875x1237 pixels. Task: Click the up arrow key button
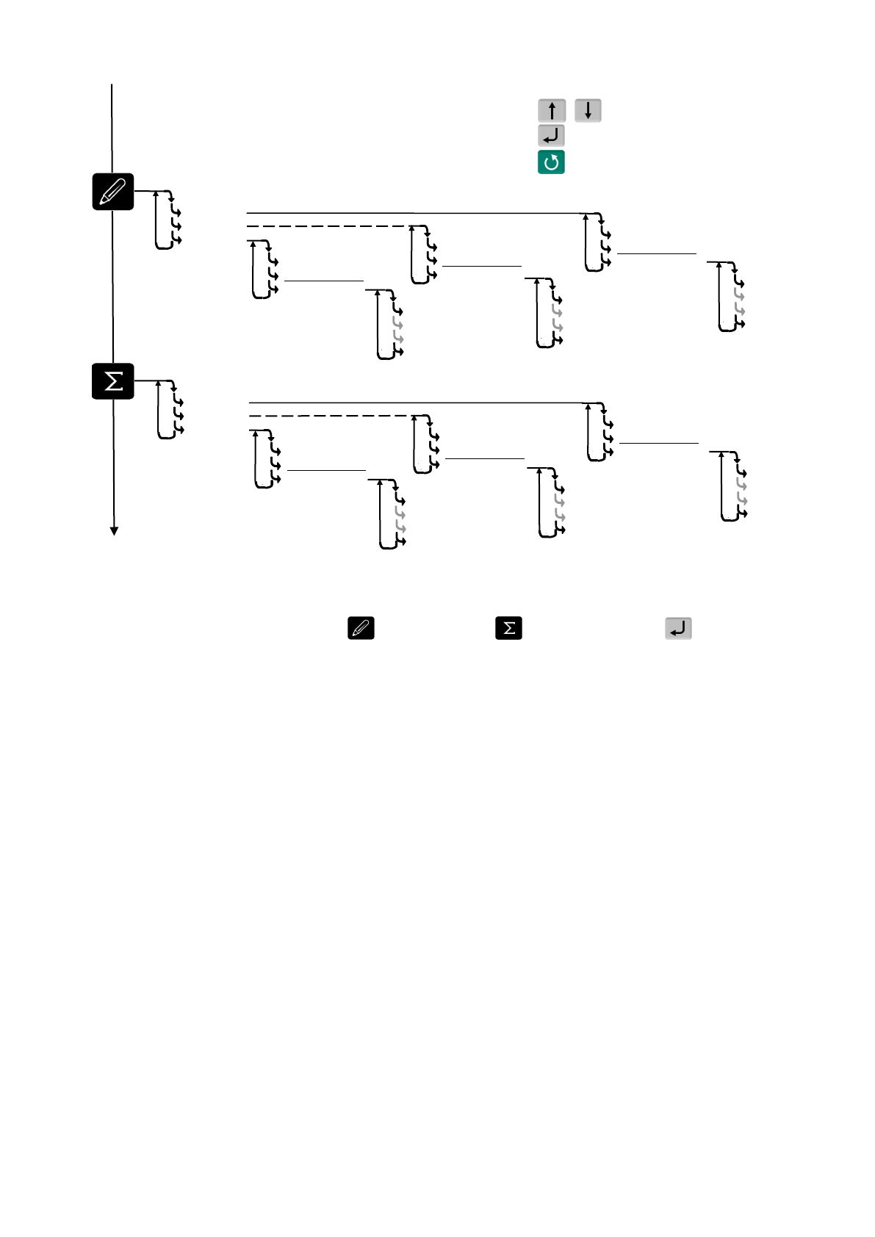(x=552, y=111)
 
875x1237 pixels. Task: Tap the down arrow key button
(x=588, y=111)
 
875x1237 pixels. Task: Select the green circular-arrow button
(x=551, y=162)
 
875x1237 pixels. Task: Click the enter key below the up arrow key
(x=551, y=136)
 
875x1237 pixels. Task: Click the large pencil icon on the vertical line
(x=113, y=192)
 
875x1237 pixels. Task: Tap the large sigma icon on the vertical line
(x=113, y=381)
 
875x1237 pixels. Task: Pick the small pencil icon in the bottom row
(x=361, y=628)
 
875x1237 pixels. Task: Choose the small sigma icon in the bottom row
(x=508, y=628)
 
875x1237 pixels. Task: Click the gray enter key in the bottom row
(x=678, y=628)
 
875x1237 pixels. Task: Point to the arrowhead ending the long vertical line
(x=114, y=531)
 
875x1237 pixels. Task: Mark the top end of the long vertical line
(x=112, y=85)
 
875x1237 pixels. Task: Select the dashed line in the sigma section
(x=331, y=416)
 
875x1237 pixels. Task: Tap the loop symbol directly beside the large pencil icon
(x=168, y=220)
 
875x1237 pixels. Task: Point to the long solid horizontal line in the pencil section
(x=411, y=213)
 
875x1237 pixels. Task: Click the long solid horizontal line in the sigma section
(x=415, y=403)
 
